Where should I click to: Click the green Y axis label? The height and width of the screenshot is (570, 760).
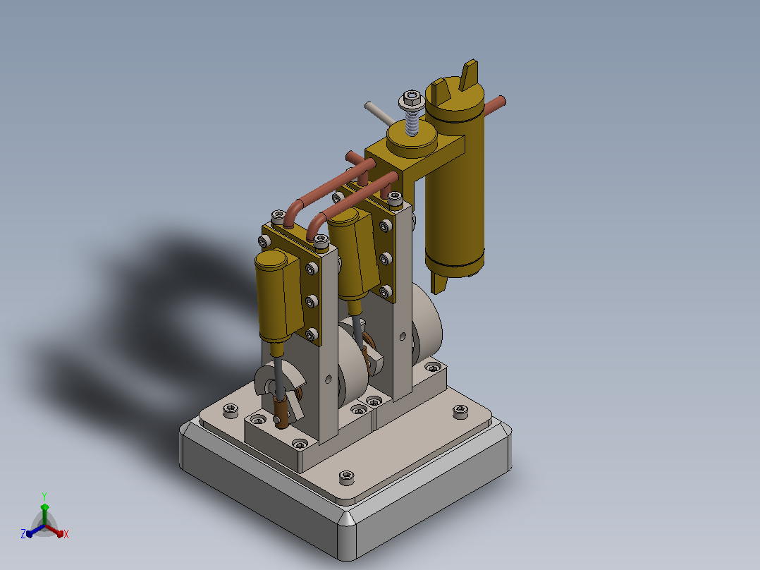[x=44, y=496]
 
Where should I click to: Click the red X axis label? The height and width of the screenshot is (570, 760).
[x=66, y=534]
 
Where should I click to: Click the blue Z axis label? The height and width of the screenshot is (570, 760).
[x=23, y=533]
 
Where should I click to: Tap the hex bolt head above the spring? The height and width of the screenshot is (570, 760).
[x=412, y=100]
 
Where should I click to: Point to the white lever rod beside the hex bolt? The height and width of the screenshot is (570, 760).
[x=380, y=114]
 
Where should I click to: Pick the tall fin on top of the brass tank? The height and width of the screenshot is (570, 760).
[x=469, y=75]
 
